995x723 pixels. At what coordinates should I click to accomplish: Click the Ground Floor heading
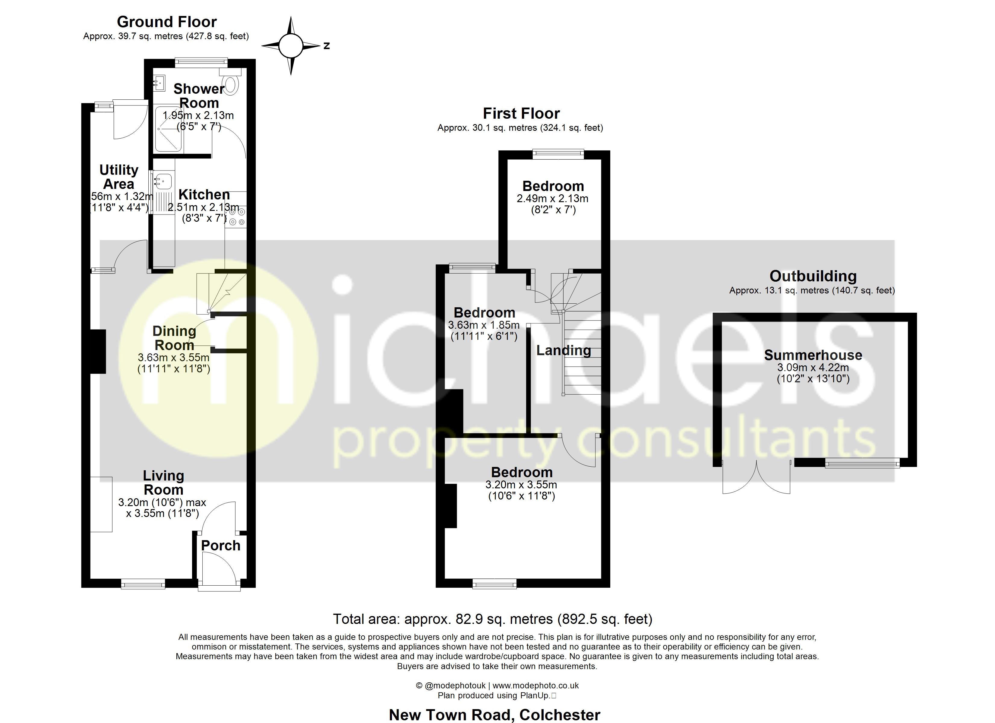click(167, 22)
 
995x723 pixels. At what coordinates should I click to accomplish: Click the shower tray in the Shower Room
click(168, 128)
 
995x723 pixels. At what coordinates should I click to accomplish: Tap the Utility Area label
click(118, 177)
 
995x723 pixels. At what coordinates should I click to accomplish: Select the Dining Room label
click(174, 338)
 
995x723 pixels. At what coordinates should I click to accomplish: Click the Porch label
click(221, 546)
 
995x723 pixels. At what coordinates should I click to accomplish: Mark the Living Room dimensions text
click(162, 508)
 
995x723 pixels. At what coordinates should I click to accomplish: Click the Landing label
click(563, 350)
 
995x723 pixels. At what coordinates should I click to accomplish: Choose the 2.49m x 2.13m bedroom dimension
click(552, 199)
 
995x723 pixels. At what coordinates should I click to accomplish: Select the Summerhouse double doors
click(756, 478)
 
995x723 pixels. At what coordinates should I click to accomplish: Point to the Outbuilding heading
click(813, 276)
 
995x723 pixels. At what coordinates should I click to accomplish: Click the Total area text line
click(492, 619)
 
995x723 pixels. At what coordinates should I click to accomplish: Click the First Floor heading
click(521, 114)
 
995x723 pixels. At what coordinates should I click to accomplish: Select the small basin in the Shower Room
click(159, 82)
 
